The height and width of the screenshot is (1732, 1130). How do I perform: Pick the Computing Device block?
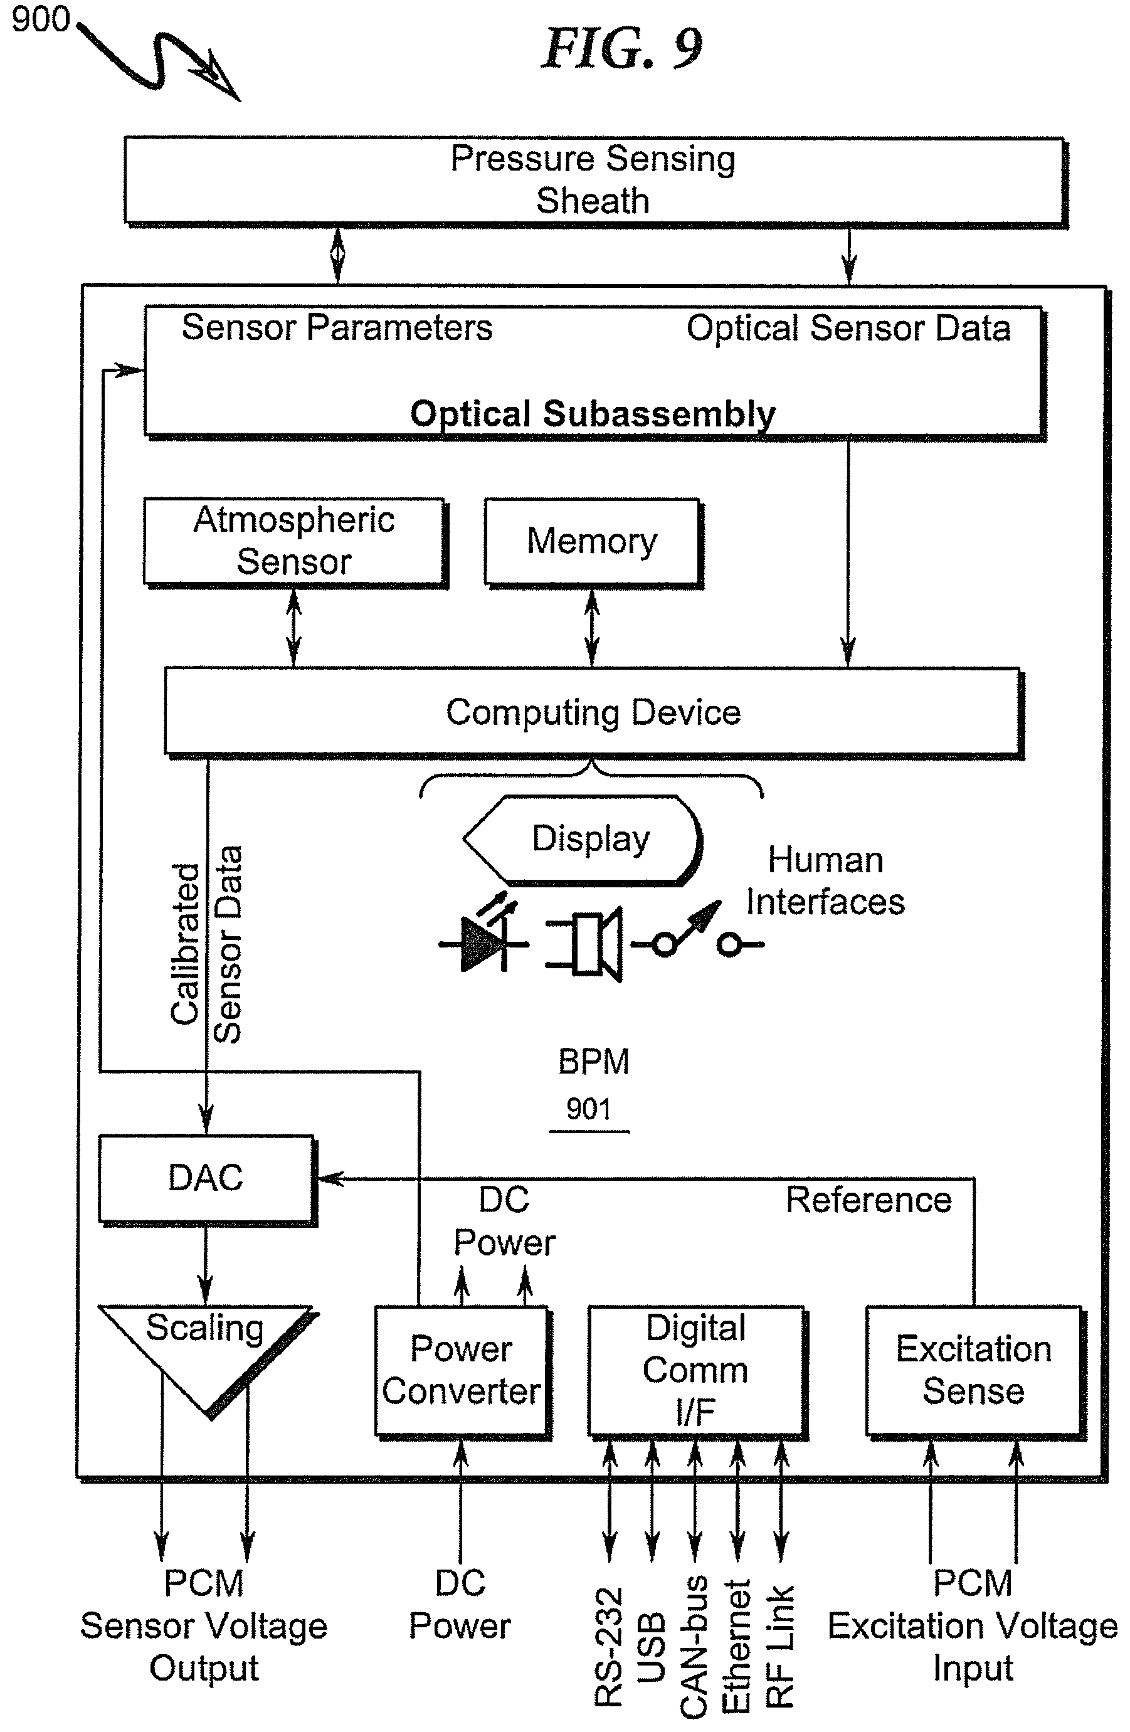point(594,712)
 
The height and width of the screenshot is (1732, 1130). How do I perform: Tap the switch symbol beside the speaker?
point(697,931)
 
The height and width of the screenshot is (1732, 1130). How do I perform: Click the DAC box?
point(207,1178)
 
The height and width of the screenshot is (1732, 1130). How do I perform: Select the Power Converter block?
point(462,1371)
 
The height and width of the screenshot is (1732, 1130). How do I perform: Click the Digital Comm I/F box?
point(696,1371)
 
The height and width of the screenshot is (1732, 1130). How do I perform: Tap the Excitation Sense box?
point(974,1371)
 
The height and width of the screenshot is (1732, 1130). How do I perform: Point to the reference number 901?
point(589,1109)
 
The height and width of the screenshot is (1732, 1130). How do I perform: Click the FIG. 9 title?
point(622,49)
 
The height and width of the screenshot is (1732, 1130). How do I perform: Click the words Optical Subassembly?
point(593,414)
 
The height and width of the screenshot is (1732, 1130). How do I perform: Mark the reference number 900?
point(41,19)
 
